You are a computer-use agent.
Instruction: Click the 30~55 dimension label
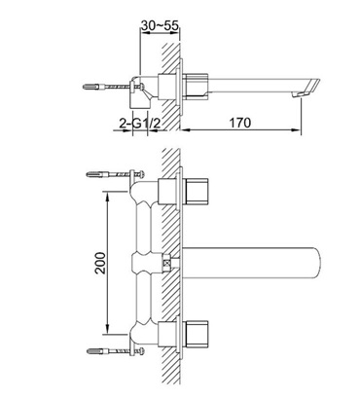click(160, 25)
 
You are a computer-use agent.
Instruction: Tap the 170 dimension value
click(240, 123)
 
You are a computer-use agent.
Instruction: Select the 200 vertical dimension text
click(100, 263)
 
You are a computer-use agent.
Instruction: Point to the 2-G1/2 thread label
click(140, 123)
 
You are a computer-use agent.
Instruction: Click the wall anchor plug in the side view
click(90, 87)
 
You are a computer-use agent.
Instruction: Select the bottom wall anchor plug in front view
click(93, 351)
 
